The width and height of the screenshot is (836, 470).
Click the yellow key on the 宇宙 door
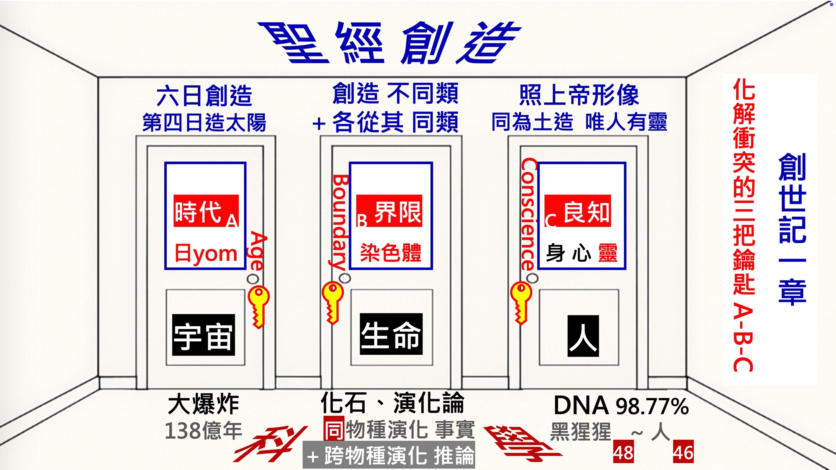pos(258,306)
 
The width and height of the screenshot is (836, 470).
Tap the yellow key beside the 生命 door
pos(333,302)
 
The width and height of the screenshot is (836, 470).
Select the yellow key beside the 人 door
pos(521,302)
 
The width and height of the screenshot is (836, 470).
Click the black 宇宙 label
pos(204,335)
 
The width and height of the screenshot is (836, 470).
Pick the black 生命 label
pos(391,334)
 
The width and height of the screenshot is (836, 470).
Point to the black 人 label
pos(583,336)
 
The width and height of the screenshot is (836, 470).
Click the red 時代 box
pos(206,211)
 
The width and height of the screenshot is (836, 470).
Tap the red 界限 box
pos(389,211)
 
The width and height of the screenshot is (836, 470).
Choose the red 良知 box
pos(577,211)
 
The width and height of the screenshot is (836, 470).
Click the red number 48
pos(623,452)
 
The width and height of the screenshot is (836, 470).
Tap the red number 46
pos(683,452)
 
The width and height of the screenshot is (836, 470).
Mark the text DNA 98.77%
pos(621,406)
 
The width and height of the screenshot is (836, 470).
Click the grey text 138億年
pos(204,431)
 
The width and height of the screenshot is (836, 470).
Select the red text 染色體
pos(391,253)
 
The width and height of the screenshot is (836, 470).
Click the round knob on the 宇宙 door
pos(252,279)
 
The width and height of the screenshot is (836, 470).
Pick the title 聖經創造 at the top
pos(389,43)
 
